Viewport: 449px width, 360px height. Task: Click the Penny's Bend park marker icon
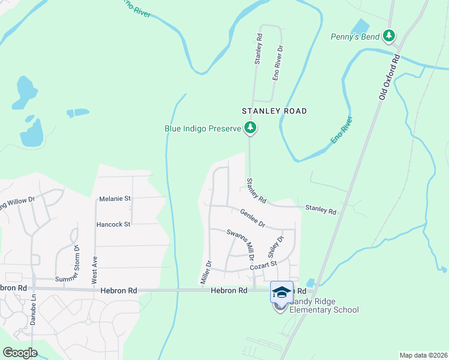tap(390, 36)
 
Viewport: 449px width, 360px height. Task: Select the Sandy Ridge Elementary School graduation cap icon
tap(282, 292)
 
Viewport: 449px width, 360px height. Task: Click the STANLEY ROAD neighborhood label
tap(274, 111)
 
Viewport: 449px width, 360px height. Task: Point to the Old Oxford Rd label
tap(389, 76)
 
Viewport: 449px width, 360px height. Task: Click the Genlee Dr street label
tap(253, 218)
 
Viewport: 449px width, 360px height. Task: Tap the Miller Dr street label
tap(205, 272)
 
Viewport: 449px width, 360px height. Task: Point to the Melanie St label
tap(115, 198)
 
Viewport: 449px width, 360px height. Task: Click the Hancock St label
tap(113, 224)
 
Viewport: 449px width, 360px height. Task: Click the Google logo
tap(20, 353)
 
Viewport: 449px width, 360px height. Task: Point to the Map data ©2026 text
tap(423, 355)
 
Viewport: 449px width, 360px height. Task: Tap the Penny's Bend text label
tap(355, 37)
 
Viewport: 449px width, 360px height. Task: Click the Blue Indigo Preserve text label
tap(203, 128)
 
